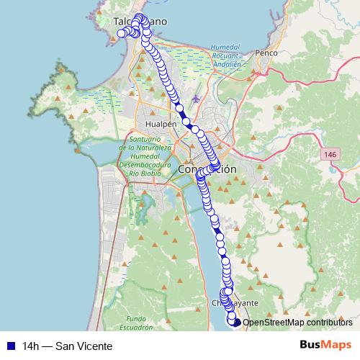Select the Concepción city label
click(207, 169)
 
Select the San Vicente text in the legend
click(88, 346)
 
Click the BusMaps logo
click(326, 345)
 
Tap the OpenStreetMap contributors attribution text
click(297, 323)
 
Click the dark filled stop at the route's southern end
click(237, 323)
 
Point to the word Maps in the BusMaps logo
click(337, 345)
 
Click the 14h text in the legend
click(31, 346)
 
